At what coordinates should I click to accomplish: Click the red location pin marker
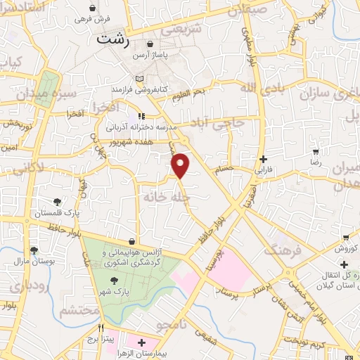click(x=181, y=165)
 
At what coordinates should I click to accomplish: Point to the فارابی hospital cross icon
click(x=263, y=159)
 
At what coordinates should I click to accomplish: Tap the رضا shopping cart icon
click(x=316, y=152)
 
